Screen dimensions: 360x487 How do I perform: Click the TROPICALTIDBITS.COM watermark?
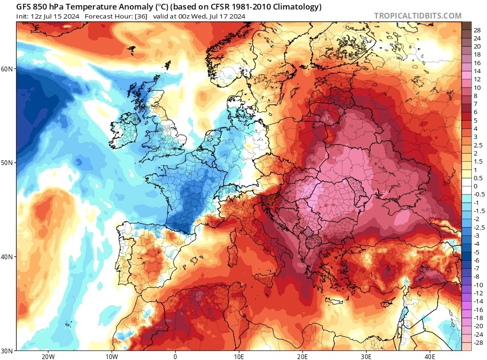[x=418, y=16]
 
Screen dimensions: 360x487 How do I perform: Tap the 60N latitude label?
[x=8, y=69]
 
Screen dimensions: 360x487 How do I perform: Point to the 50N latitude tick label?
[x=8, y=163]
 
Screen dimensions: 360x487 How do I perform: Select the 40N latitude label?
[x=8, y=257]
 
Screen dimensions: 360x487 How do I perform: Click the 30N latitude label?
[x=8, y=350]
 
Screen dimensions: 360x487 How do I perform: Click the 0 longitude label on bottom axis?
[x=175, y=357]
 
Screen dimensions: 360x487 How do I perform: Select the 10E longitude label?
[x=239, y=357]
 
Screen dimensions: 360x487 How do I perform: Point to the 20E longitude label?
[x=303, y=357]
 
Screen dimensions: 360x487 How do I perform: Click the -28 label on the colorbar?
[x=477, y=342]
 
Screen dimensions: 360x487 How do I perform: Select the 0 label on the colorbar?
[x=476, y=186]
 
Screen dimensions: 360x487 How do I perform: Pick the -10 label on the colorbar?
[x=477, y=284]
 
